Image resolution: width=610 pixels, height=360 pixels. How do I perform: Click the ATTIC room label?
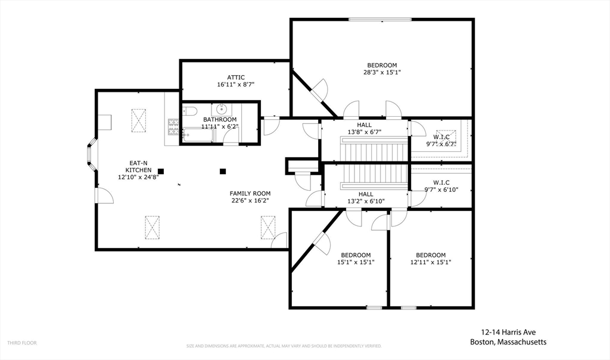(236, 77)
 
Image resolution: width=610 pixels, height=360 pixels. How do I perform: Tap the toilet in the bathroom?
(189, 111)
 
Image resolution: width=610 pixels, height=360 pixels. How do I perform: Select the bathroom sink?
(222, 108)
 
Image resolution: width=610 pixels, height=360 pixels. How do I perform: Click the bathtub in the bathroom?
(198, 135)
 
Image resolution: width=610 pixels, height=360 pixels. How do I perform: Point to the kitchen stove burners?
(173, 127)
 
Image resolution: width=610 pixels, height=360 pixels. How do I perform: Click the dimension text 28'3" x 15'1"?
(382, 72)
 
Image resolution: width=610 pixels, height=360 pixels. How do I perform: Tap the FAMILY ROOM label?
(250, 194)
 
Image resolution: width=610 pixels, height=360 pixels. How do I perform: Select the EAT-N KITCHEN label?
(138, 166)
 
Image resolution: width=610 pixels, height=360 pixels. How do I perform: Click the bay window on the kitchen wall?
(92, 154)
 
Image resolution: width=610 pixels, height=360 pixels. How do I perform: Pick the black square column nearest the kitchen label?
(161, 171)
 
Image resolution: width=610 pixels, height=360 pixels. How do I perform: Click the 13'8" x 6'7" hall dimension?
(364, 132)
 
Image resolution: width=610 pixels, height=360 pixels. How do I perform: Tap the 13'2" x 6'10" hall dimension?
(366, 201)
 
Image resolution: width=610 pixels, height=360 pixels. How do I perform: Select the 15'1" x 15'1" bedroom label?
(356, 259)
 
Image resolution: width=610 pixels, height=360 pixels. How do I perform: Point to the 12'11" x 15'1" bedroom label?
(431, 259)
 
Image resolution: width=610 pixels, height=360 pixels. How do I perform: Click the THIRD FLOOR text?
(22, 343)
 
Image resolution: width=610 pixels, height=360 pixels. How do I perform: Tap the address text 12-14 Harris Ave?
(508, 333)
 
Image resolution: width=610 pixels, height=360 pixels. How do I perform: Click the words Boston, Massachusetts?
(508, 342)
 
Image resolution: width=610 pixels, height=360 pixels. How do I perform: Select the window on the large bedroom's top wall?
(380, 19)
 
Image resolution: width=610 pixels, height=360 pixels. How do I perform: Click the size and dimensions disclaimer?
(284, 346)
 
